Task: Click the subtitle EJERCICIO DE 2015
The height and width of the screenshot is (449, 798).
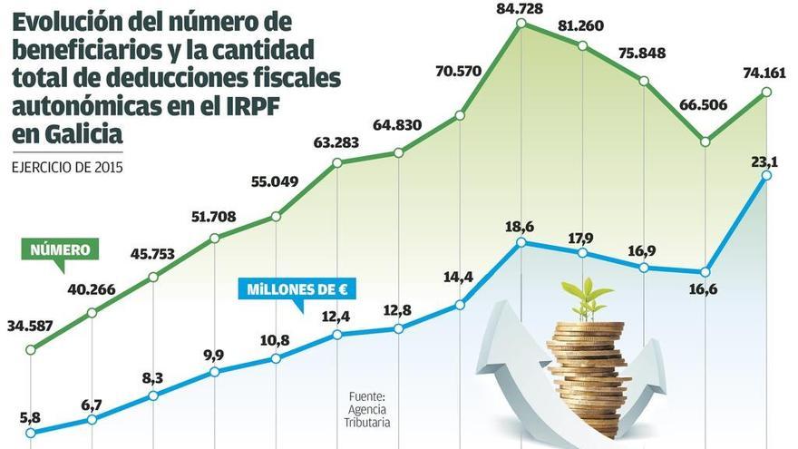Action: point(67,166)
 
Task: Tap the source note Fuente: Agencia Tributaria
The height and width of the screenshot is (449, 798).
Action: point(366,409)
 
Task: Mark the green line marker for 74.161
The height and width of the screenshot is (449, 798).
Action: point(767,92)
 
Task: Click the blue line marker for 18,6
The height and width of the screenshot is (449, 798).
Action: point(521,243)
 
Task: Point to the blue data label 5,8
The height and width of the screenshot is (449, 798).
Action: point(30,417)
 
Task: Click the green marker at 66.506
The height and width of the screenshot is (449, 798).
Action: point(705,141)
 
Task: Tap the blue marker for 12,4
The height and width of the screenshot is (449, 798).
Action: point(337,334)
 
